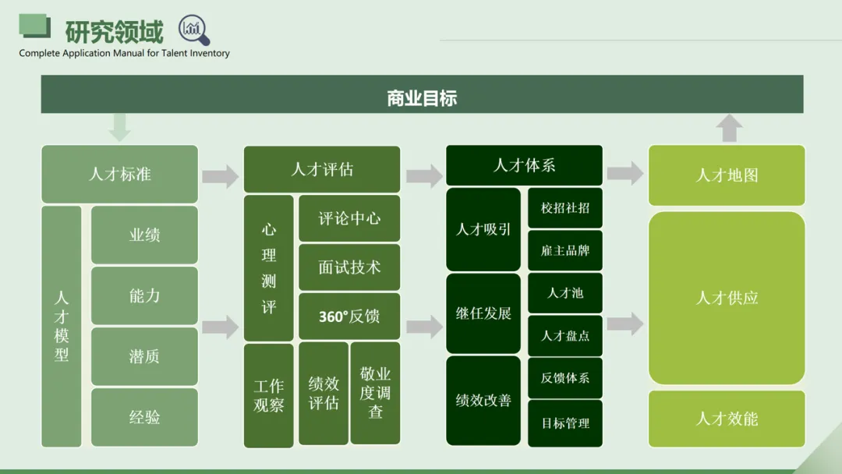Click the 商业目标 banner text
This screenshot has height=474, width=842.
tap(422, 98)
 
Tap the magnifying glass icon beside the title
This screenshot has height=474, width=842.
tap(194, 30)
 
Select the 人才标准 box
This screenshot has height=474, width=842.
tap(119, 174)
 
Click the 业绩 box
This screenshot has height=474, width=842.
tap(144, 235)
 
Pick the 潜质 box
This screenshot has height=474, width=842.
tap(144, 356)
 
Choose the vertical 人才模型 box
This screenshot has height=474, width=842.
tap(62, 326)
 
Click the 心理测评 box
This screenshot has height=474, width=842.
tap(269, 268)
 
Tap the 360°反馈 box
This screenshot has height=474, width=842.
tap(349, 317)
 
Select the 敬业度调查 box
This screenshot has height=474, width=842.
tap(375, 393)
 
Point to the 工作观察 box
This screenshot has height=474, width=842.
tap(269, 395)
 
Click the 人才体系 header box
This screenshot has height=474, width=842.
tap(524, 165)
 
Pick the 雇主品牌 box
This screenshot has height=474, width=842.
tap(565, 250)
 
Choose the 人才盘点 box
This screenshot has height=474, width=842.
tap(565, 335)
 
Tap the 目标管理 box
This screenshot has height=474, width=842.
tap(565, 423)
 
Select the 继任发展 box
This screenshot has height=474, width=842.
tap(483, 313)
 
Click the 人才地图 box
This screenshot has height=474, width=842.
tap(727, 175)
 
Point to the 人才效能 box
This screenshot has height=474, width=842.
tap(727, 419)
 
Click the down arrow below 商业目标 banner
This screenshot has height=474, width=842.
tap(119, 127)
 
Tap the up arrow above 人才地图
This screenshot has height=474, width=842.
tap(729, 128)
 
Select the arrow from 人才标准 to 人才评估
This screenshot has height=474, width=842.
tap(221, 176)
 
